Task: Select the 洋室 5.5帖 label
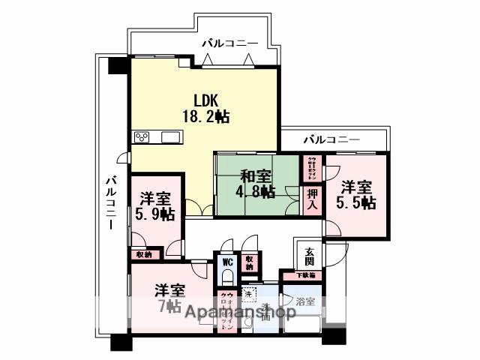(x=356, y=195)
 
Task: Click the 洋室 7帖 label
(x=169, y=298)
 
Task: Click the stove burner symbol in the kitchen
(x=142, y=136)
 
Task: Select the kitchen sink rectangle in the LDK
(x=170, y=136)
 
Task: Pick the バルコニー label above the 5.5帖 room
(x=331, y=139)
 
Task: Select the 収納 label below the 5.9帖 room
(x=143, y=255)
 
